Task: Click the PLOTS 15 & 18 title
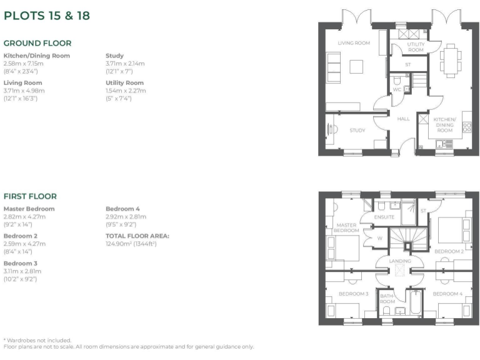47,16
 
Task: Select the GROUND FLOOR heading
37,43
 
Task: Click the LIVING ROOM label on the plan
354,43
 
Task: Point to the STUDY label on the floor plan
357,131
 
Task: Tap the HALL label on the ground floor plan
403,119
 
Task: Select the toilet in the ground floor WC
398,80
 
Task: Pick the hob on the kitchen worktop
466,128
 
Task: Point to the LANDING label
400,261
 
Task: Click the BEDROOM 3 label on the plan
353,294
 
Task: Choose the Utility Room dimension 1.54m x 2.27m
126,91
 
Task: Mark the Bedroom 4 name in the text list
123,209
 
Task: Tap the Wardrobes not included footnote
37,340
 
